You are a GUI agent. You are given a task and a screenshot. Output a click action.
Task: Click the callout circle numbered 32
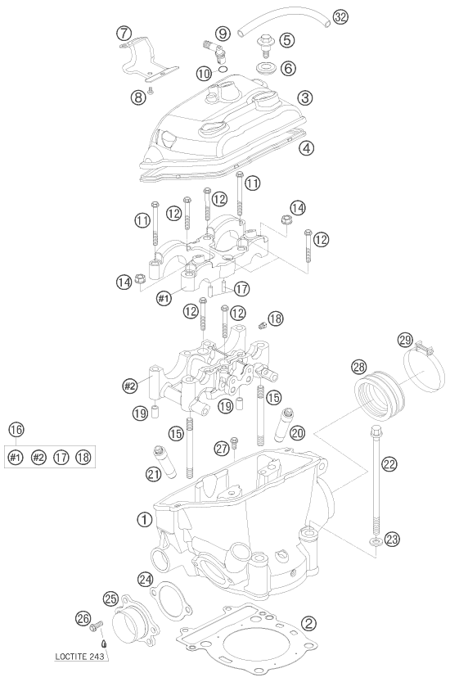pos(341,16)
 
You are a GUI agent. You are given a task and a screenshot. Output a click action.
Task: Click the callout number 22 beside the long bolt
pos(389,463)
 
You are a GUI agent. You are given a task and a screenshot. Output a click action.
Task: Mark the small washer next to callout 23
pos(374,542)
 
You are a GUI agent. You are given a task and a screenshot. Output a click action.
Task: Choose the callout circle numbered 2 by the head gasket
pos(308,623)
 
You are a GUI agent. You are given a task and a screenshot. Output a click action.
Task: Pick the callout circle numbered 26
pos(82,620)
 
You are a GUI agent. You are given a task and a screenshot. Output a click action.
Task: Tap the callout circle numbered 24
pos(145,580)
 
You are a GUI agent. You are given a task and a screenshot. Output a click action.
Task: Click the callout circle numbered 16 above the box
pos(15,428)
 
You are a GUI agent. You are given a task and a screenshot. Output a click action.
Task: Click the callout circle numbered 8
pos(137,97)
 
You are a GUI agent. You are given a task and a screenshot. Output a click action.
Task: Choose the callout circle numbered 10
pos(202,74)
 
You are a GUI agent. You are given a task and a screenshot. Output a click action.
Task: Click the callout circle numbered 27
pos(220,447)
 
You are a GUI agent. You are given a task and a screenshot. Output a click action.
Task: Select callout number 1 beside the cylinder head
pos(144,519)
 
